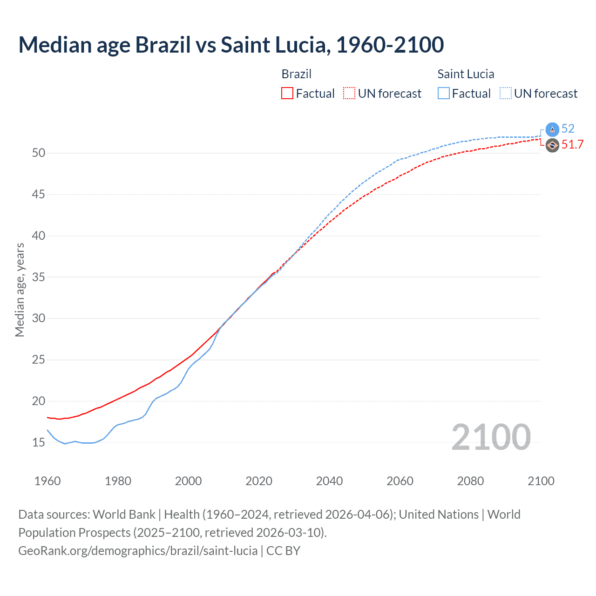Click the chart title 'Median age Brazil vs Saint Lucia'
coord(231,45)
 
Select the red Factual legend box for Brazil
coord(287,94)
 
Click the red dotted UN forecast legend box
coord(349,94)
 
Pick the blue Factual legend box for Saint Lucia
coord(444,94)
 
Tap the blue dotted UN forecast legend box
coord(505,94)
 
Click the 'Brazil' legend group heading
coord(296,74)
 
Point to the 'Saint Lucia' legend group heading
coord(466,74)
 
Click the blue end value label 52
coord(568,129)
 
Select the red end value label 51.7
coord(572,145)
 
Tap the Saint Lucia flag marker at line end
coord(552,130)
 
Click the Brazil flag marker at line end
coord(552,146)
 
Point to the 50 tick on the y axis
coord(38,153)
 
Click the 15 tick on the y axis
coord(38,442)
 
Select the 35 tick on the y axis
coord(38,277)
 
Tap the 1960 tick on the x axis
coord(47,481)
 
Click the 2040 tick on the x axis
coord(329,481)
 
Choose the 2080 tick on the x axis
coord(470,481)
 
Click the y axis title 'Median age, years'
coord(20,290)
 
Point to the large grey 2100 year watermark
coord(491,437)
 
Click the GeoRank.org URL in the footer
coord(138,551)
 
